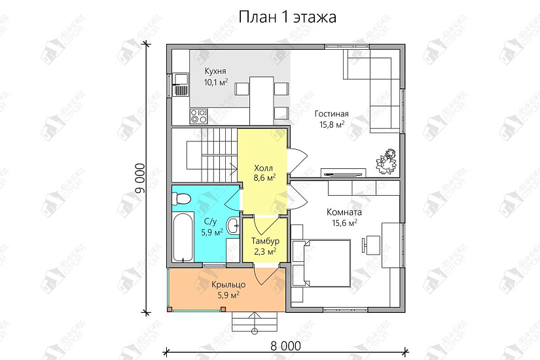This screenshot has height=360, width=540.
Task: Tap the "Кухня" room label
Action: point(215,71)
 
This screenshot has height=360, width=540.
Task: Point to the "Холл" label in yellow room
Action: point(264,166)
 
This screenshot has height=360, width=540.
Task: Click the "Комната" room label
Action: point(344,212)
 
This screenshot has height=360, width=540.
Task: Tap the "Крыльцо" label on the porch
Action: point(228,284)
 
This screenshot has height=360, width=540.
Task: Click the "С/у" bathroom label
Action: point(211,221)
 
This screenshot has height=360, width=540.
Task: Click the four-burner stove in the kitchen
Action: point(198,116)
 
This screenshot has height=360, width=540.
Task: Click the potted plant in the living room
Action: point(387,160)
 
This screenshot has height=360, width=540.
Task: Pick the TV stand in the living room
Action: point(344,173)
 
